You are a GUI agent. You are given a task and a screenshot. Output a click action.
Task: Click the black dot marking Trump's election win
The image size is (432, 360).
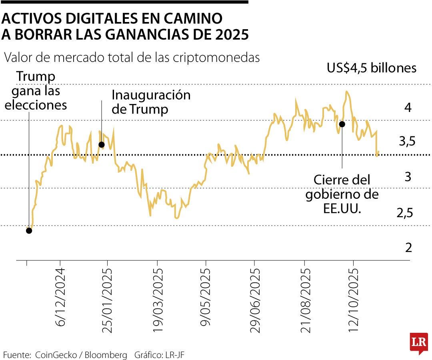[x=28, y=230]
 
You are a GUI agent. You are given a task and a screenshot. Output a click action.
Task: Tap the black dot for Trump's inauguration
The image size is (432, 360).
[x=102, y=144]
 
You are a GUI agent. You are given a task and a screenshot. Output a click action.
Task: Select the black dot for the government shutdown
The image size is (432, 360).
[x=342, y=124]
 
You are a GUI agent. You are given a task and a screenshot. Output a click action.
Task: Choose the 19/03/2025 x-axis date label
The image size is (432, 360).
[x=157, y=300]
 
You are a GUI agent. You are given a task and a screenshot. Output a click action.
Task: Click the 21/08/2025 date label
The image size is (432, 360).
[x=305, y=300]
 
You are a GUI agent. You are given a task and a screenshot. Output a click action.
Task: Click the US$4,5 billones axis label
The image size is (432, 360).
[x=371, y=68]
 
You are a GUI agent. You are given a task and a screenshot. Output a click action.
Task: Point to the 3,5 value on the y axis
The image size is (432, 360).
[x=407, y=141]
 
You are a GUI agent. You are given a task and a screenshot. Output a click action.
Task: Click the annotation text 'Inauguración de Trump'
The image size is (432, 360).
[x=151, y=102]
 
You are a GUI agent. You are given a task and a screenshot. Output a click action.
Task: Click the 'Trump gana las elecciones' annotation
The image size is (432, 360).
[x=36, y=90]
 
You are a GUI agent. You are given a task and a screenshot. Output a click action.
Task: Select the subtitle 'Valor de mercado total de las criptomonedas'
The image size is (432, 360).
[x=132, y=58]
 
